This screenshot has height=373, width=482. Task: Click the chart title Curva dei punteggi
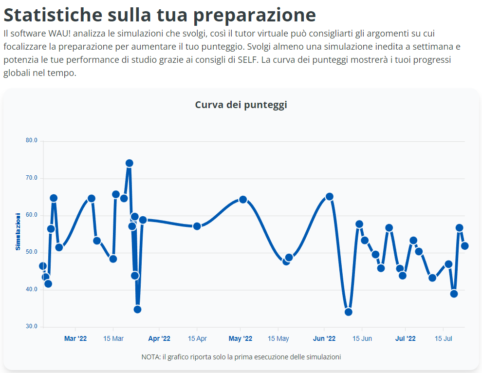coord(241,105)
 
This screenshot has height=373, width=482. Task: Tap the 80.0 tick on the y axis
coord(32,141)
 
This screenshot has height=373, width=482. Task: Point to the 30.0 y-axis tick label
coord(32,326)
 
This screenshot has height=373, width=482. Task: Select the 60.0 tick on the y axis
coord(32,215)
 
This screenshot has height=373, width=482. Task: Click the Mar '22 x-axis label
coord(75,338)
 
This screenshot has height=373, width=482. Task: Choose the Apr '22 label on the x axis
coord(159,338)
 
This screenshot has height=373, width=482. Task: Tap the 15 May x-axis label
coord(278,338)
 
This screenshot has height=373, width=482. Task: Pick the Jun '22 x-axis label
coord(324,338)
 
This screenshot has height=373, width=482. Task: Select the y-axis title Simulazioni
coord(18,231)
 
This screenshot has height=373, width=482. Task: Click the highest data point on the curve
coord(129,163)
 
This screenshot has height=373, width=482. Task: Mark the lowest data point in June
coord(348,312)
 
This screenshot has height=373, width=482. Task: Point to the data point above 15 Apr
coord(197,226)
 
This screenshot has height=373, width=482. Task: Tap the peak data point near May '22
coord(243,200)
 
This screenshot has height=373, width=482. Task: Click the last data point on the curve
coord(464,246)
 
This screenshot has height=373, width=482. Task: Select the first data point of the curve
coord(43,266)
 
